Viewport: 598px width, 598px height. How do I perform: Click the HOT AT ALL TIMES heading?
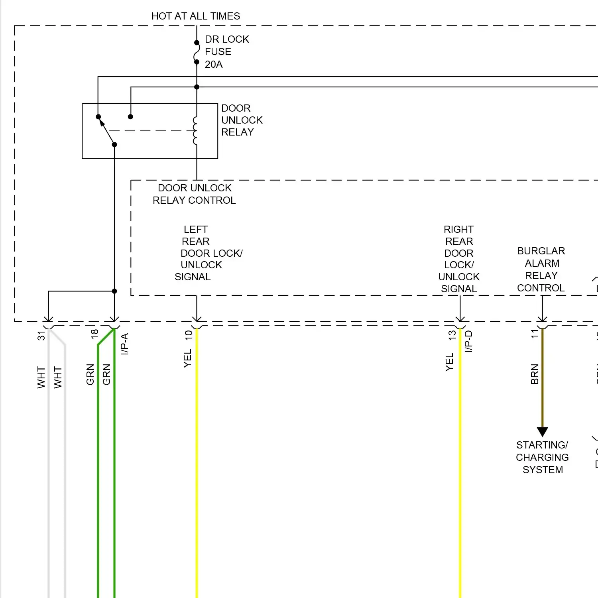196,16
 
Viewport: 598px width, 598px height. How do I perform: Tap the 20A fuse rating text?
214,65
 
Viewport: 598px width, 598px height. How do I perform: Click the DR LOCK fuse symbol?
197,52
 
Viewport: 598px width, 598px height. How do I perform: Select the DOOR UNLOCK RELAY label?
242,120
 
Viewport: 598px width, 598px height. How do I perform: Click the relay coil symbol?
195,130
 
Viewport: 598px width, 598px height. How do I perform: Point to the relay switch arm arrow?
102,123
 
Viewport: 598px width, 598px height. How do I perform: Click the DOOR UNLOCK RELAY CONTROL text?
195,194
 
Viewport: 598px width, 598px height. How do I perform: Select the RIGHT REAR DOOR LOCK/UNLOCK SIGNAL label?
459,259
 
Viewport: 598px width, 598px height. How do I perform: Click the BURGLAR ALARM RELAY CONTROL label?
541,269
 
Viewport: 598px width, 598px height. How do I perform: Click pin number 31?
41,336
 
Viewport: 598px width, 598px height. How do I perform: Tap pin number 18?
94,334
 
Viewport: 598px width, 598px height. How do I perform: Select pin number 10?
189,335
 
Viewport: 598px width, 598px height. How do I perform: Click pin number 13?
452,335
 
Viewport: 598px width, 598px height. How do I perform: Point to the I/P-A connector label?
125,344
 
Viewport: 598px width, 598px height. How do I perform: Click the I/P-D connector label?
469,341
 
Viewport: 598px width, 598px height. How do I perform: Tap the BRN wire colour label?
535,374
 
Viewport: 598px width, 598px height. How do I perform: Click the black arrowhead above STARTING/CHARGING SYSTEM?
542,432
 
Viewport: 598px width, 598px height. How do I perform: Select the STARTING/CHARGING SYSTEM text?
542,457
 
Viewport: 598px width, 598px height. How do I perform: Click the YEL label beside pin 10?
188,358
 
